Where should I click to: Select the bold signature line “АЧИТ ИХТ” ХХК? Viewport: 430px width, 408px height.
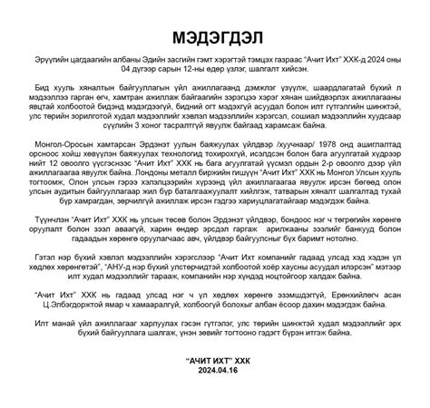[215, 360]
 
